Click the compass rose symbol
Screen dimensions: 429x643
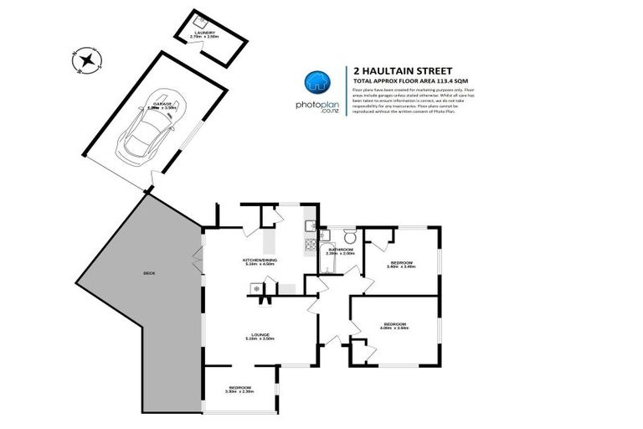pyautogui.click(x=86, y=59)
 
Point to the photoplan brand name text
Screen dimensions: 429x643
pyautogui.click(x=316, y=106)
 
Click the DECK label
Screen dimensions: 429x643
pyautogui.click(x=149, y=274)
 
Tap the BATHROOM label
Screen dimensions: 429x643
pyautogui.click(x=340, y=250)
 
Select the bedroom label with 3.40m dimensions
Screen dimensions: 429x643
pyautogui.click(x=403, y=264)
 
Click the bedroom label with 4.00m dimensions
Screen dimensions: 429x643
pyautogui.click(x=394, y=324)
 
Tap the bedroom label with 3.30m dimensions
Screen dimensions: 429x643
pyautogui.click(x=239, y=388)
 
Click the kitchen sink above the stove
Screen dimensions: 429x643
pyautogui.click(x=309, y=225)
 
